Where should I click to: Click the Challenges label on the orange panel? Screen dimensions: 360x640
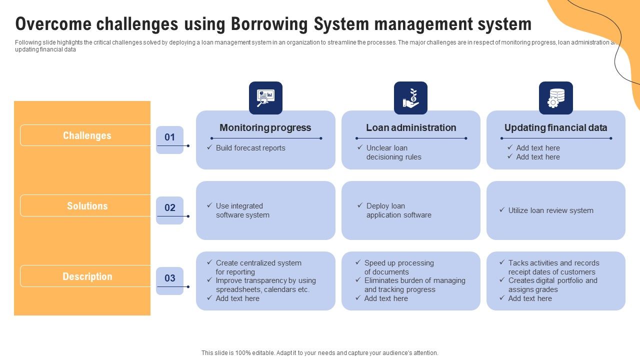(x=87, y=135)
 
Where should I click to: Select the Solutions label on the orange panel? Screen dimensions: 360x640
(x=87, y=206)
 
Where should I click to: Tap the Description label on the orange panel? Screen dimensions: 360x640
(x=87, y=276)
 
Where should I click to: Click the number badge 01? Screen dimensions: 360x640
(x=170, y=138)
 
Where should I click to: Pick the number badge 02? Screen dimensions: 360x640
(x=170, y=208)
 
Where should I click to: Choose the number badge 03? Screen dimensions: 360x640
(x=170, y=279)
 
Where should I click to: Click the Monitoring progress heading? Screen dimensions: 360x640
(x=265, y=128)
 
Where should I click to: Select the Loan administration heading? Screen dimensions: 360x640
(x=411, y=128)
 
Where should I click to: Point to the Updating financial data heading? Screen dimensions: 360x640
(x=555, y=128)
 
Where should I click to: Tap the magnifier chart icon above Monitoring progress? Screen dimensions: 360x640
(x=265, y=98)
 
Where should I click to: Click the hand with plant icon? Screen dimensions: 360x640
(x=410, y=98)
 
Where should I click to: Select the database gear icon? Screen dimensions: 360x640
(x=555, y=98)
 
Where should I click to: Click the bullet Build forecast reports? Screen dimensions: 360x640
(x=250, y=148)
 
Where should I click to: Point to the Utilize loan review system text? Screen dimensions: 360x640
(x=550, y=210)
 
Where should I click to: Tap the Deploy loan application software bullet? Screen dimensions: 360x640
(x=398, y=210)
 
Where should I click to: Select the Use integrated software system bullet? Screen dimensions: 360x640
(x=242, y=210)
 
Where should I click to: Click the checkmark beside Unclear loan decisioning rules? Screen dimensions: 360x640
(x=360, y=147)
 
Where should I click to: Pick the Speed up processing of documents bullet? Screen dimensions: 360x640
(x=398, y=267)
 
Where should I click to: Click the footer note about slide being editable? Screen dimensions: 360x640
(x=320, y=353)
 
